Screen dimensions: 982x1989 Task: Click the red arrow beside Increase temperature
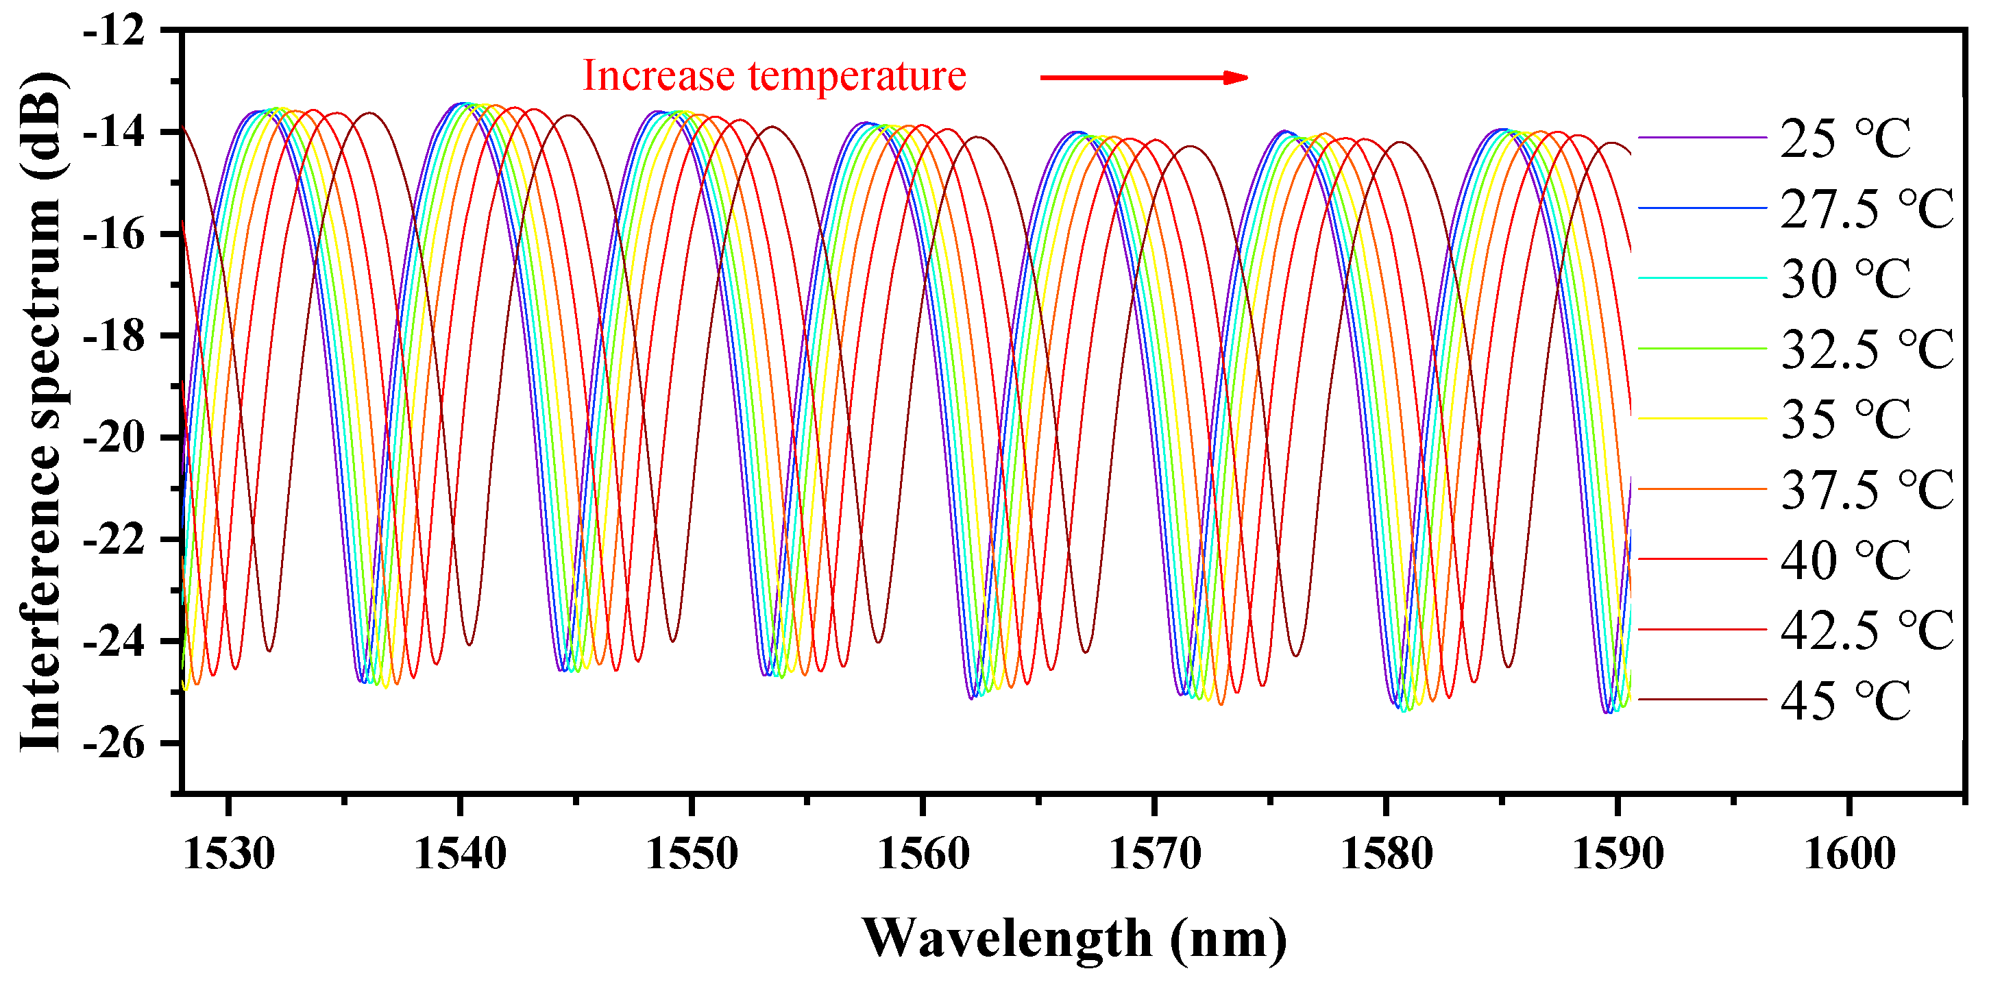[x=1143, y=77]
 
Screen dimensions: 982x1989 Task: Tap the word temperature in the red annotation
[x=857, y=75]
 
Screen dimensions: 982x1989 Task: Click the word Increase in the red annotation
[x=658, y=75]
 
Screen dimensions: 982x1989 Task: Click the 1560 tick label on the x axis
[x=923, y=854]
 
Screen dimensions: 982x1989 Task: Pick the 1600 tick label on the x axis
[x=1848, y=854]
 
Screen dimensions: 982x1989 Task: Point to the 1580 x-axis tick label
[x=1386, y=854]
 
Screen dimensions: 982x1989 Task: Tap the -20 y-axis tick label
[x=114, y=439]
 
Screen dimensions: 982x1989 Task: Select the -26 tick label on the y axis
[x=114, y=744]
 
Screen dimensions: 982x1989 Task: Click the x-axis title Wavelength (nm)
[x=1073, y=939]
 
